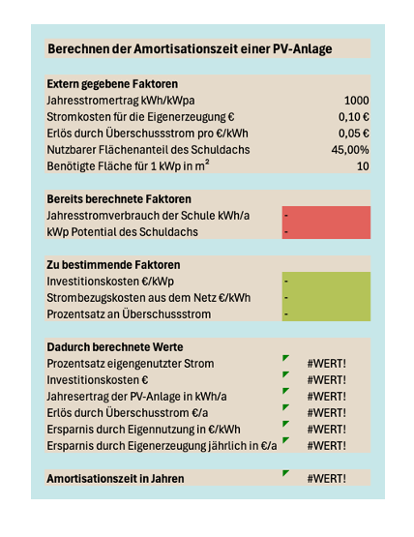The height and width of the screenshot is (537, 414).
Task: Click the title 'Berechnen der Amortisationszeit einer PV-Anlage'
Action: click(190, 49)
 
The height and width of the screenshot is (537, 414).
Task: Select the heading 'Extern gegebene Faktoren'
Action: click(112, 84)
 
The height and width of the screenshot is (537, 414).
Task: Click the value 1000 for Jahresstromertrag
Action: click(356, 101)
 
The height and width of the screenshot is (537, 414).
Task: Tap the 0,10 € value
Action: click(357, 117)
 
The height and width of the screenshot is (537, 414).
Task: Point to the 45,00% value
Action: click(350, 150)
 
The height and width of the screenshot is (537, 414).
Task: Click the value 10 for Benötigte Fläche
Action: click(362, 166)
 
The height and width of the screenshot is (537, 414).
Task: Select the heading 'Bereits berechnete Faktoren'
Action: click(120, 198)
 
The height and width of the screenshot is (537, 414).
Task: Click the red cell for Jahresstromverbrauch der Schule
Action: click(326, 215)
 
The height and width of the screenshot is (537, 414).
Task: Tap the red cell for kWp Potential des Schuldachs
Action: click(326, 231)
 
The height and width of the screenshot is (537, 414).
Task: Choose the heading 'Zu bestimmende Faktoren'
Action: click(113, 264)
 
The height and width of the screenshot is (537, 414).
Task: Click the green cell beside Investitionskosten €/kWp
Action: click(326, 281)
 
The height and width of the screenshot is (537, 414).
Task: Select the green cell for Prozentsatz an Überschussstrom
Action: click(326, 313)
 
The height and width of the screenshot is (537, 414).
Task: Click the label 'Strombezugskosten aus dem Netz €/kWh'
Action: click(148, 297)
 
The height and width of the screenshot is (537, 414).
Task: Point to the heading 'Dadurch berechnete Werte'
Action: click(115, 346)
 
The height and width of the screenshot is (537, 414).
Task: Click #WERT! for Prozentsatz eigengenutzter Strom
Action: click(326, 363)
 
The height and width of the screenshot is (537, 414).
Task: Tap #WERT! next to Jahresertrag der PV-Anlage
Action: click(326, 396)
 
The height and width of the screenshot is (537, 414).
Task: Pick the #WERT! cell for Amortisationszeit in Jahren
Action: click(326, 478)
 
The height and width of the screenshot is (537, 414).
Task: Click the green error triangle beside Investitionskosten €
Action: click(285, 375)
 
